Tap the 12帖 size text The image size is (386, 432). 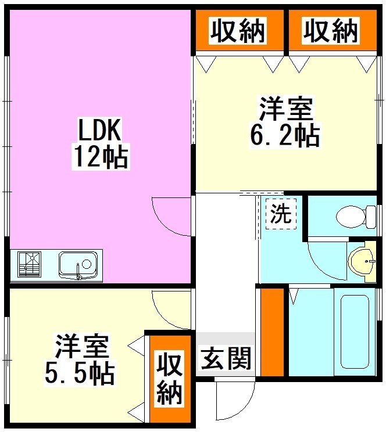click(100, 156)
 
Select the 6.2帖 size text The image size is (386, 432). click(284, 136)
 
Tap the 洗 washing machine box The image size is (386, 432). click(281, 214)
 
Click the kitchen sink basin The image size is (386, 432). click(78, 265)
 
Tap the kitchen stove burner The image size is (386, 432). click(29, 265)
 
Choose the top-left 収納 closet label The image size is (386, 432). click(238, 30)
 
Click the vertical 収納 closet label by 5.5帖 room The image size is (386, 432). click(169, 379)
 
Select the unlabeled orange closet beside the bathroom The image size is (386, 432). click(271, 332)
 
